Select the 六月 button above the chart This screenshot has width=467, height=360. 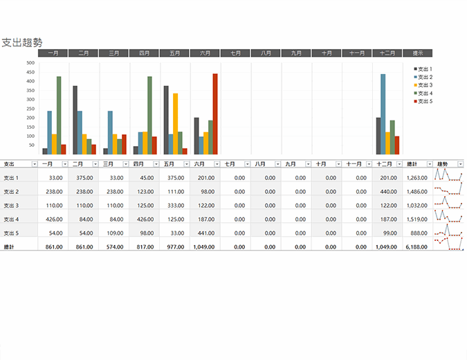[x=205, y=53]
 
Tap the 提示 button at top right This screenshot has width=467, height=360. [x=417, y=53]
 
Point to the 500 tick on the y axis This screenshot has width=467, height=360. [x=30, y=63]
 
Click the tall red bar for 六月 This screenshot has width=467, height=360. [x=215, y=114]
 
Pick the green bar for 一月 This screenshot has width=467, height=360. [x=59, y=115]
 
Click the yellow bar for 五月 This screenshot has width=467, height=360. [x=175, y=123]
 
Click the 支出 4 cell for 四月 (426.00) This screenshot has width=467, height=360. [x=145, y=219]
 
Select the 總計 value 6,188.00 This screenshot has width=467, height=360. [x=418, y=246]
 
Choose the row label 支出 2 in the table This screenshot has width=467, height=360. [x=11, y=191]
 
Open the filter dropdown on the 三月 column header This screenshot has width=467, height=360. [x=126, y=164]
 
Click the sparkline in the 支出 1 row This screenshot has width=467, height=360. [x=448, y=177]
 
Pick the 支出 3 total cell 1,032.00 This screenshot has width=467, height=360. [x=418, y=205]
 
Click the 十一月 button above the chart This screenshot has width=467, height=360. [x=357, y=53]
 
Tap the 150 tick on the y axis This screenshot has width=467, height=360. [x=30, y=127]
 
